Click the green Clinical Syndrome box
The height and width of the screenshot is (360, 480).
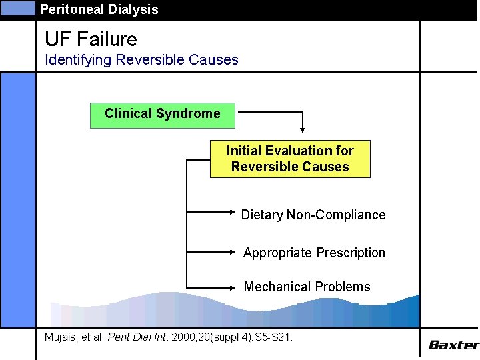[163, 114]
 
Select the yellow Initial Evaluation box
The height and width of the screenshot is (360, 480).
[290, 159]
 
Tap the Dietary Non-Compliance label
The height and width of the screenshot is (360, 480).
[313, 215]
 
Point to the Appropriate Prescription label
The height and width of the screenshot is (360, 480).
[314, 253]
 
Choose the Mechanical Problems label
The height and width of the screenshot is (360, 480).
[307, 287]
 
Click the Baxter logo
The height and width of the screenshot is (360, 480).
[453, 345]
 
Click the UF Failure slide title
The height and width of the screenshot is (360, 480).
[91, 39]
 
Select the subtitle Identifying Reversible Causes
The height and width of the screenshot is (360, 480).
[141, 59]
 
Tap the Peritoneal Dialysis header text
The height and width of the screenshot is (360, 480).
[99, 9]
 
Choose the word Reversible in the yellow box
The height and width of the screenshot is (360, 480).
[261, 167]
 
